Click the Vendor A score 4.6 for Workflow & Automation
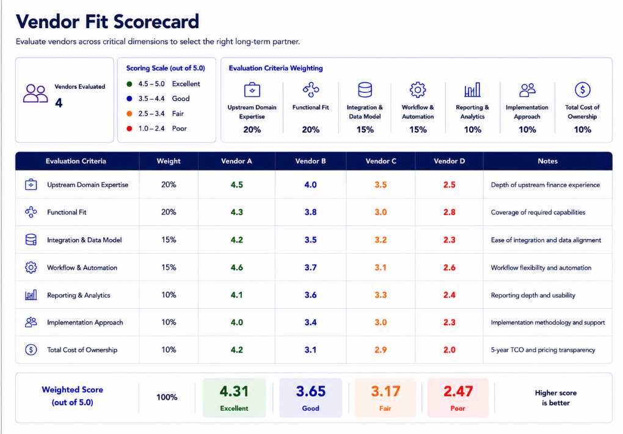coord(237,268)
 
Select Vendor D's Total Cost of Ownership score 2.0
coord(450,350)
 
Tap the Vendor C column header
coord(381,161)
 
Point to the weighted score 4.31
coord(234,391)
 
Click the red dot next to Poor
coord(129,128)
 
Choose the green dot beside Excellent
coord(129,84)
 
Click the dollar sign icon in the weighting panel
coord(583,90)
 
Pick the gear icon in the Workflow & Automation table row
coord(31,267)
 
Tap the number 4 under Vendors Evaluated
coord(59,103)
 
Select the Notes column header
coord(547,161)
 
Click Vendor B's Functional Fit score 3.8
coord(310,213)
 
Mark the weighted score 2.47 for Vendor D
coord(458,391)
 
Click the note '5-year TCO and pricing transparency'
coord(543,350)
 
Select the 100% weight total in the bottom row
coord(167,397)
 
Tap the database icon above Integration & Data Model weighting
coord(365,90)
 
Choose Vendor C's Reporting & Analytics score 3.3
coord(381,295)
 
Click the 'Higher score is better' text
coord(555,398)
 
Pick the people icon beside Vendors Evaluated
coord(35,94)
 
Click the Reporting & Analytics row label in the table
coord(79,295)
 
